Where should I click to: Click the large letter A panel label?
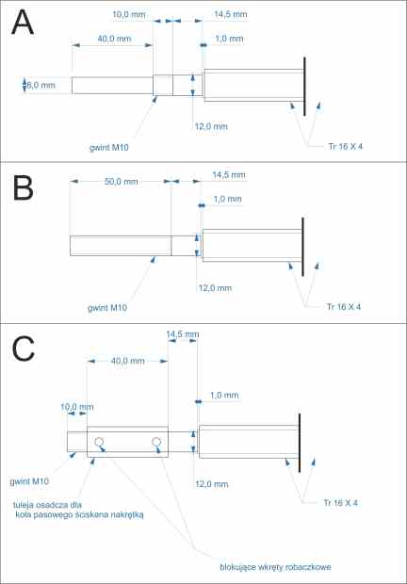click(x=23, y=23)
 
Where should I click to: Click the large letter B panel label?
click(x=23, y=188)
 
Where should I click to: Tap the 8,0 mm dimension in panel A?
click(x=41, y=85)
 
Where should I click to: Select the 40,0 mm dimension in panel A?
click(x=114, y=39)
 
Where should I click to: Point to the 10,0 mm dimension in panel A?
click(x=129, y=14)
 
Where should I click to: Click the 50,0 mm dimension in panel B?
click(x=121, y=182)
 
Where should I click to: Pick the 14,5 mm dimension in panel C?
click(x=183, y=334)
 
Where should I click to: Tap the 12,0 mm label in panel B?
click(x=215, y=288)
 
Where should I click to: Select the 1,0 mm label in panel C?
click(x=224, y=396)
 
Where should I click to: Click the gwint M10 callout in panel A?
click(x=108, y=148)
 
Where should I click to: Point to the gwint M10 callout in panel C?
click(x=29, y=481)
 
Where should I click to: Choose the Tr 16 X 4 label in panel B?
click(x=344, y=307)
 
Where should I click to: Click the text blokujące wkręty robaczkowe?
click(x=275, y=567)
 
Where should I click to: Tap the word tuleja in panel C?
click(x=22, y=505)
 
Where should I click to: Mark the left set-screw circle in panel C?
click(x=99, y=442)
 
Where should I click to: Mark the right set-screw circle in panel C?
click(x=156, y=442)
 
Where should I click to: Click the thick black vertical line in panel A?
click(x=304, y=87)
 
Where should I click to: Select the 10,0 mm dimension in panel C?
click(x=77, y=407)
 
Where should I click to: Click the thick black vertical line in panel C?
click(x=300, y=443)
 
